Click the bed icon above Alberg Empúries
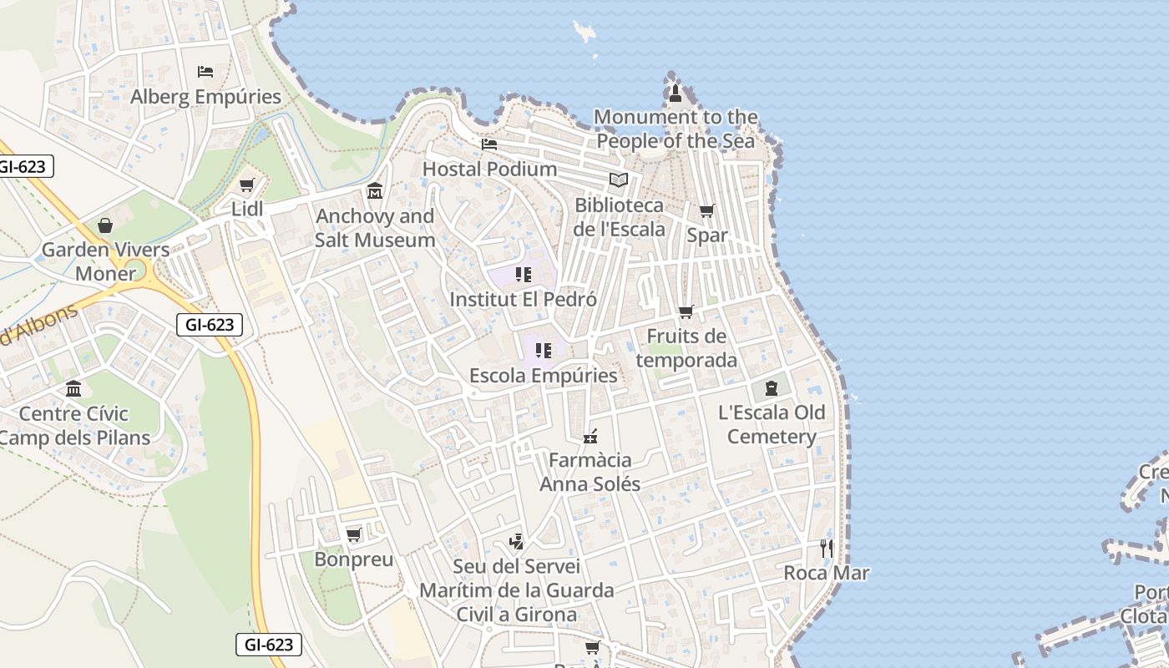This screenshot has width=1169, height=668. tap(205, 72)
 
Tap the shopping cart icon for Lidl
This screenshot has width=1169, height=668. tap(246, 185)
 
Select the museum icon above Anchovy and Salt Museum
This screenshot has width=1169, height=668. tap(375, 191)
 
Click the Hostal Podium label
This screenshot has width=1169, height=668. tap(489, 169)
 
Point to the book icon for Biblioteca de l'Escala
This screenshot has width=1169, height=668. tap(619, 180)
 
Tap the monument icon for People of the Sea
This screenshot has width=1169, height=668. tap(676, 93)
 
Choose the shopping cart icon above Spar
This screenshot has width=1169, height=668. tap(707, 211)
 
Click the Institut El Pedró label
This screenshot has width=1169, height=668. tap(523, 299)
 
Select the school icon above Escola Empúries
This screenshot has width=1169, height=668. tap(544, 351)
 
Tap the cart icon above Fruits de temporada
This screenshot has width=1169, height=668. tap(686, 311)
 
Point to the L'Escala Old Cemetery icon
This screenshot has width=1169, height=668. tap(771, 387)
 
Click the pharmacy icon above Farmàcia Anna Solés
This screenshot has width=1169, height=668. tap(590, 436)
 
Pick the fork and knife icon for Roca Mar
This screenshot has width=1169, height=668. tap(827, 549)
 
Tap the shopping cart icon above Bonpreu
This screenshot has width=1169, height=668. tap(353, 534)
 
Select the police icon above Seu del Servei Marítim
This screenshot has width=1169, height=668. tap(516, 542)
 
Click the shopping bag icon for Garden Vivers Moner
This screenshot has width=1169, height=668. tap(105, 225)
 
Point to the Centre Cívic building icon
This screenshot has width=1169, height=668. tap(73, 389)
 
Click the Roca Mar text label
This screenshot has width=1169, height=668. tap(826, 573)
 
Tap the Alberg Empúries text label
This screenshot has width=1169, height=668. tap(205, 97)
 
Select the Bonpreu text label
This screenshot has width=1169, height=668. tap(353, 559)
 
